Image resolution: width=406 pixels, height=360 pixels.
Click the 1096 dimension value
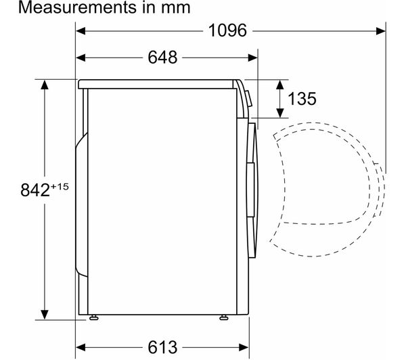(227, 30)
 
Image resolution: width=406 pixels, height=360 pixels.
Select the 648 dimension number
(162, 58)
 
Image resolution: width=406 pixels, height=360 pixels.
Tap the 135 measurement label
(302, 99)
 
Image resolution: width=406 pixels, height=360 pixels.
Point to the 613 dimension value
(162, 347)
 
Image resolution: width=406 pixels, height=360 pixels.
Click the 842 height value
(35, 190)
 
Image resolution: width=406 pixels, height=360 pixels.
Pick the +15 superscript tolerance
(60, 187)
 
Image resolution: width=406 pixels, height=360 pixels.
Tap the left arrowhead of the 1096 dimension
(81, 31)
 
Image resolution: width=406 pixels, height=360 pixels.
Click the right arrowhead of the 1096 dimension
(380, 31)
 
